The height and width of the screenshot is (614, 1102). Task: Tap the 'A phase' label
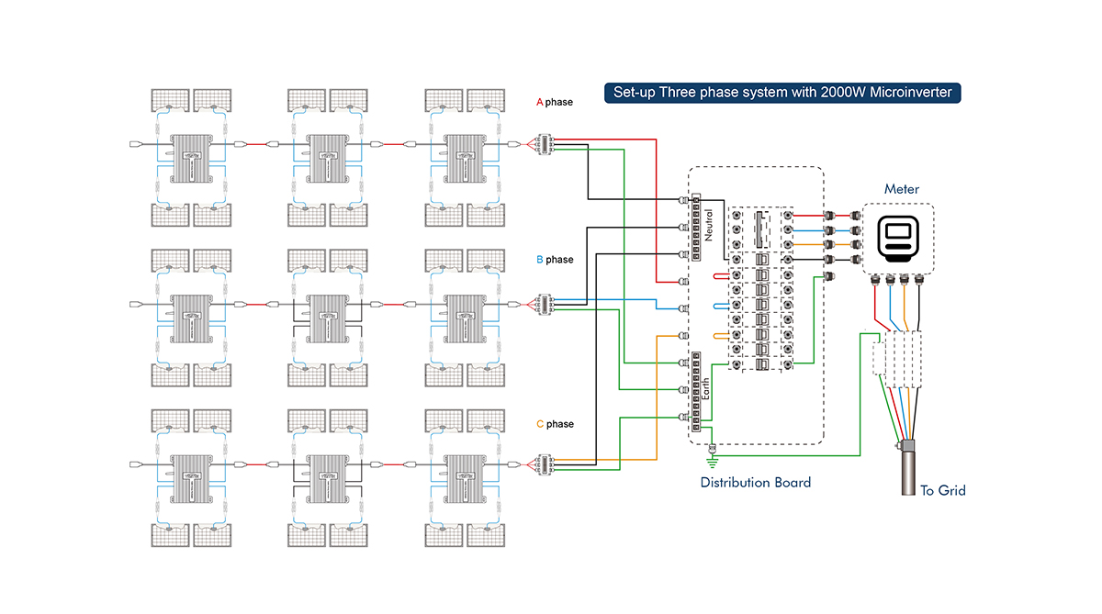(x=554, y=102)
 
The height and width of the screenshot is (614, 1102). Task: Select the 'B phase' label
(x=554, y=260)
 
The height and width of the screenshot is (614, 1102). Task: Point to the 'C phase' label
(x=554, y=424)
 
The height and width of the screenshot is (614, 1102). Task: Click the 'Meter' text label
(x=901, y=189)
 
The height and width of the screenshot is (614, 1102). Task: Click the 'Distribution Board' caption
(x=755, y=482)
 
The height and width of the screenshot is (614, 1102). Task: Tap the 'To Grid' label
(x=942, y=491)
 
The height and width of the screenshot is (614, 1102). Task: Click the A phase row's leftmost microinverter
(x=194, y=156)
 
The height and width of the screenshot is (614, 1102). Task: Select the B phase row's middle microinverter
(x=330, y=314)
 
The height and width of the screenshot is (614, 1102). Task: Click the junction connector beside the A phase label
(x=544, y=144)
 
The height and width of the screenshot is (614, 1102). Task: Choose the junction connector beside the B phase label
(x=544, y=304)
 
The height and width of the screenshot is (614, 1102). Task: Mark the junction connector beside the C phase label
(x=544, y=464)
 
